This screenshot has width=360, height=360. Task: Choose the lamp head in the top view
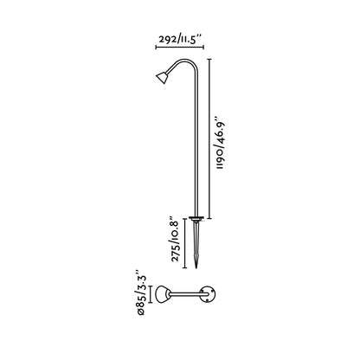pyautogui.click(x=161, y=299)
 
